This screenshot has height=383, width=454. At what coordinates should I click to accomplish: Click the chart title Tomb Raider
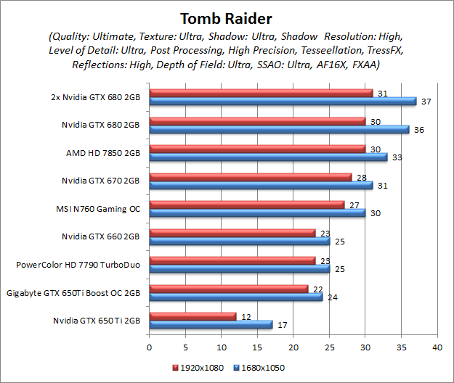click(x=227, y=17)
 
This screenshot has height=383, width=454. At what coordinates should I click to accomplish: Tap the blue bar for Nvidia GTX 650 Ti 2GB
click(x=210, y=324)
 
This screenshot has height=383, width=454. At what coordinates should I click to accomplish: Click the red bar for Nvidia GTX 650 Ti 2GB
click(x=192, y=316)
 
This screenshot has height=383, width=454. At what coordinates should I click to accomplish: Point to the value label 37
click(x=426, y=102)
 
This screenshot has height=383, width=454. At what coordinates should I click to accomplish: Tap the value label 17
click(x=281, y=325)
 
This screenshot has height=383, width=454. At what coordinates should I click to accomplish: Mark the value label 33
click(x=397, y=157)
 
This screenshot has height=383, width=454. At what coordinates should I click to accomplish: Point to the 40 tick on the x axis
click(x=437, y=348)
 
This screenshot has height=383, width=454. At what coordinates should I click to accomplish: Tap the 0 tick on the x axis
click(x=149, y=348)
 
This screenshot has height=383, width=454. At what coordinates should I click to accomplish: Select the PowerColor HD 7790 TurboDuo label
click(x=78, y=265)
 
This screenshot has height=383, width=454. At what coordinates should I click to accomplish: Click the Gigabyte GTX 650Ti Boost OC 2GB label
click(x=73, y=292)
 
